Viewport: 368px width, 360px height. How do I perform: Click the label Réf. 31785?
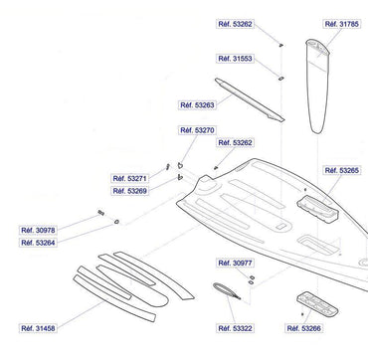pyautogui.click(x=341, y=24)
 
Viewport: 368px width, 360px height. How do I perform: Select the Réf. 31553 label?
pyautogui.click(x=235, y=59)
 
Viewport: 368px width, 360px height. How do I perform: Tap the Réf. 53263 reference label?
pyautogui.click(x=197, y=105)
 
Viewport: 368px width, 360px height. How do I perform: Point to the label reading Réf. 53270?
pyautogui.click(x=197, y=130)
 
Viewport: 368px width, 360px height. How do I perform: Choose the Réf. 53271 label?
pyautogui.click(x=129, y=178)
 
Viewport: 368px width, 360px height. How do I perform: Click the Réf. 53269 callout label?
pyautogui.click(x=129, y=191)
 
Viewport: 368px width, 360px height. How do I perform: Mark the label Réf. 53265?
pyautogui.click(x=341, y=170)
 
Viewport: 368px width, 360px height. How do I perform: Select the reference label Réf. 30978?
pyautogui.click(x=38, y=230)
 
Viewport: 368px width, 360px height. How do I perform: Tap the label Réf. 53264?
pyautogui.click(x=38, y=243)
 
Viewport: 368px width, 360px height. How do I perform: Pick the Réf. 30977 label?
pyautogui.click(x=235, y=263)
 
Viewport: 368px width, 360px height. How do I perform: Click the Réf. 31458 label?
pyautogui.click(x=38, y=328)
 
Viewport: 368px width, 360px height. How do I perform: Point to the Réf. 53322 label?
pyautogui.click(x=235, y=328)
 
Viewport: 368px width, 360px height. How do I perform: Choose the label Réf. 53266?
pyautogui.click(x=303, y=328)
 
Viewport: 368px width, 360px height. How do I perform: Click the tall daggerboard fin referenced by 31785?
pyautogui.click(x=317, y=87)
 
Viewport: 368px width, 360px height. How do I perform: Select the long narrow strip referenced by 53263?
pyautogui.click(x=250, y=100)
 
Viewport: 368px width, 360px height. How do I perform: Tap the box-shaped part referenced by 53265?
pyautogui.click(x=318, y=208)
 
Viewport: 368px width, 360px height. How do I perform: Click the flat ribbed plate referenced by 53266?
pyautogui.click(x=317, y=304)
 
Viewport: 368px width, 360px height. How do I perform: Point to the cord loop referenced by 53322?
pyautogui.click(x=227, y=290)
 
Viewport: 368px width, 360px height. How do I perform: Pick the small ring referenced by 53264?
pyautogui.click(x=116, y=221)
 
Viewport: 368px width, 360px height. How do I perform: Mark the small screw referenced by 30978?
pyautogui.click(x=101, y=213)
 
